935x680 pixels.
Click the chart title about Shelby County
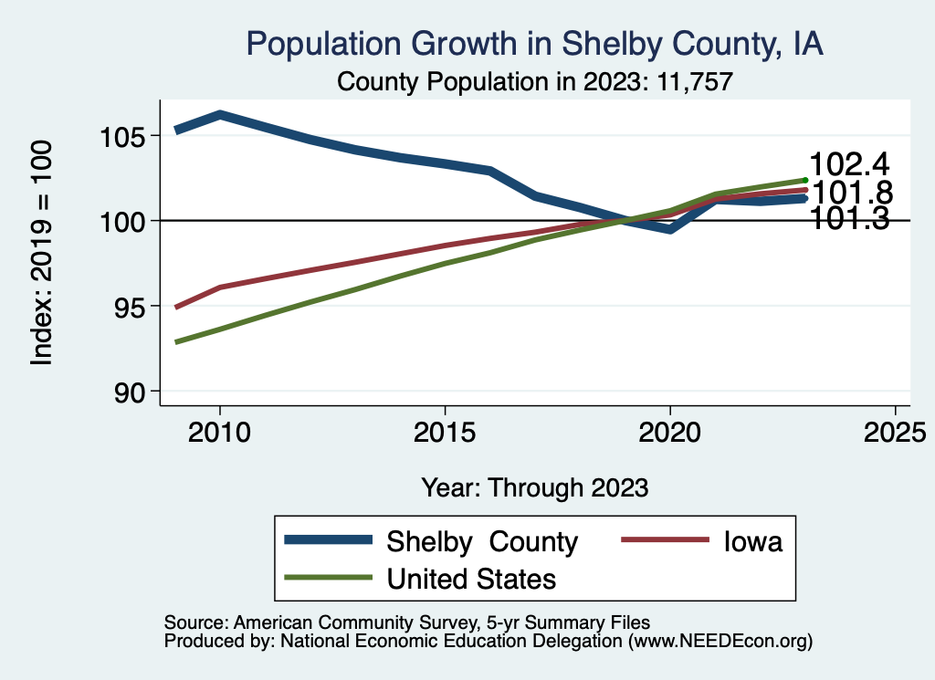coord(535,44)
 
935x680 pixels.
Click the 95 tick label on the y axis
coord(128,306)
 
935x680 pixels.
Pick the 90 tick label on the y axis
coord(128,391)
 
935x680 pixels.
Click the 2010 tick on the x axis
coord(220,432)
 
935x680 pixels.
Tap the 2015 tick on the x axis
coord(445,432)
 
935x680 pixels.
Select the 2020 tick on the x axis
coord(670,432)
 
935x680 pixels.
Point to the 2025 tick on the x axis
coord(895,432)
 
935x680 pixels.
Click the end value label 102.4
coord(850,165)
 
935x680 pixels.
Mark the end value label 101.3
coord(850,219)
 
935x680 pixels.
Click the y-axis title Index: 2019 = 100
coord(42,253)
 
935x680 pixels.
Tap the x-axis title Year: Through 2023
coord(535,487)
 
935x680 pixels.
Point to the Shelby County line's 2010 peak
coord(220,115)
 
